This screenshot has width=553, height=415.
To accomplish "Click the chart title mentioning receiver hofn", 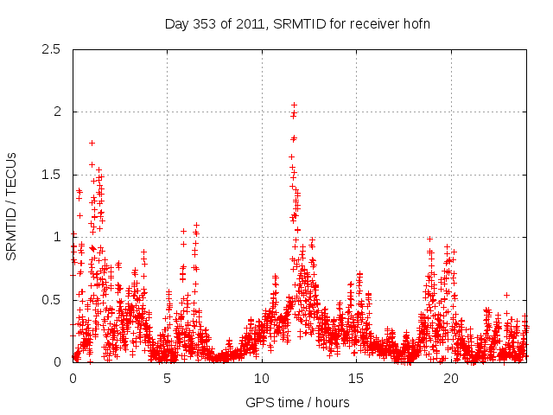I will point(297,23).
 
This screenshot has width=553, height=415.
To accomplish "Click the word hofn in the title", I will point(416,23).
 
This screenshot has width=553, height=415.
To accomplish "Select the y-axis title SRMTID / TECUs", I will point(11,206).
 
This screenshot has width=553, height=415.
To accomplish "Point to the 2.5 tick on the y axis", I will point(51,50).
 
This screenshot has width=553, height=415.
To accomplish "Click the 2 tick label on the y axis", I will point(57,112).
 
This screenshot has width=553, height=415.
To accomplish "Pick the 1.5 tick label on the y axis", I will point(51,175).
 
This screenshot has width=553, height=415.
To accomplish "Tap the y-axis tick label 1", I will point(57,237).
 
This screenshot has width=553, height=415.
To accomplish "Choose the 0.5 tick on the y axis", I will point(51,300).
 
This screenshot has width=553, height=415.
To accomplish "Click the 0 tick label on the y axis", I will point(57,362).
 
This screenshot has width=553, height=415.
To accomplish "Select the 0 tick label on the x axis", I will point(73,379).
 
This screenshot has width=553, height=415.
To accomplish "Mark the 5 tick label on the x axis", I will point(168,379).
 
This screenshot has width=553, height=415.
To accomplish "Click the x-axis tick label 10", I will point(262,379).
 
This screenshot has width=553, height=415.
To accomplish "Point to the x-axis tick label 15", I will point(356,379).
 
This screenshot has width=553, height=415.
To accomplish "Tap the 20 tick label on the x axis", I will point(451,379).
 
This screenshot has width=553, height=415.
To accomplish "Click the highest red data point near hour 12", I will point(294,105).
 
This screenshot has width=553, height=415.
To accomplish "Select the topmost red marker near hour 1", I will point(92,143).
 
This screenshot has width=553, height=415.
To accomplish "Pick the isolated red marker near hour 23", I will point(506,295).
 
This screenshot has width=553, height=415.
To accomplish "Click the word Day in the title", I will point(176,23).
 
